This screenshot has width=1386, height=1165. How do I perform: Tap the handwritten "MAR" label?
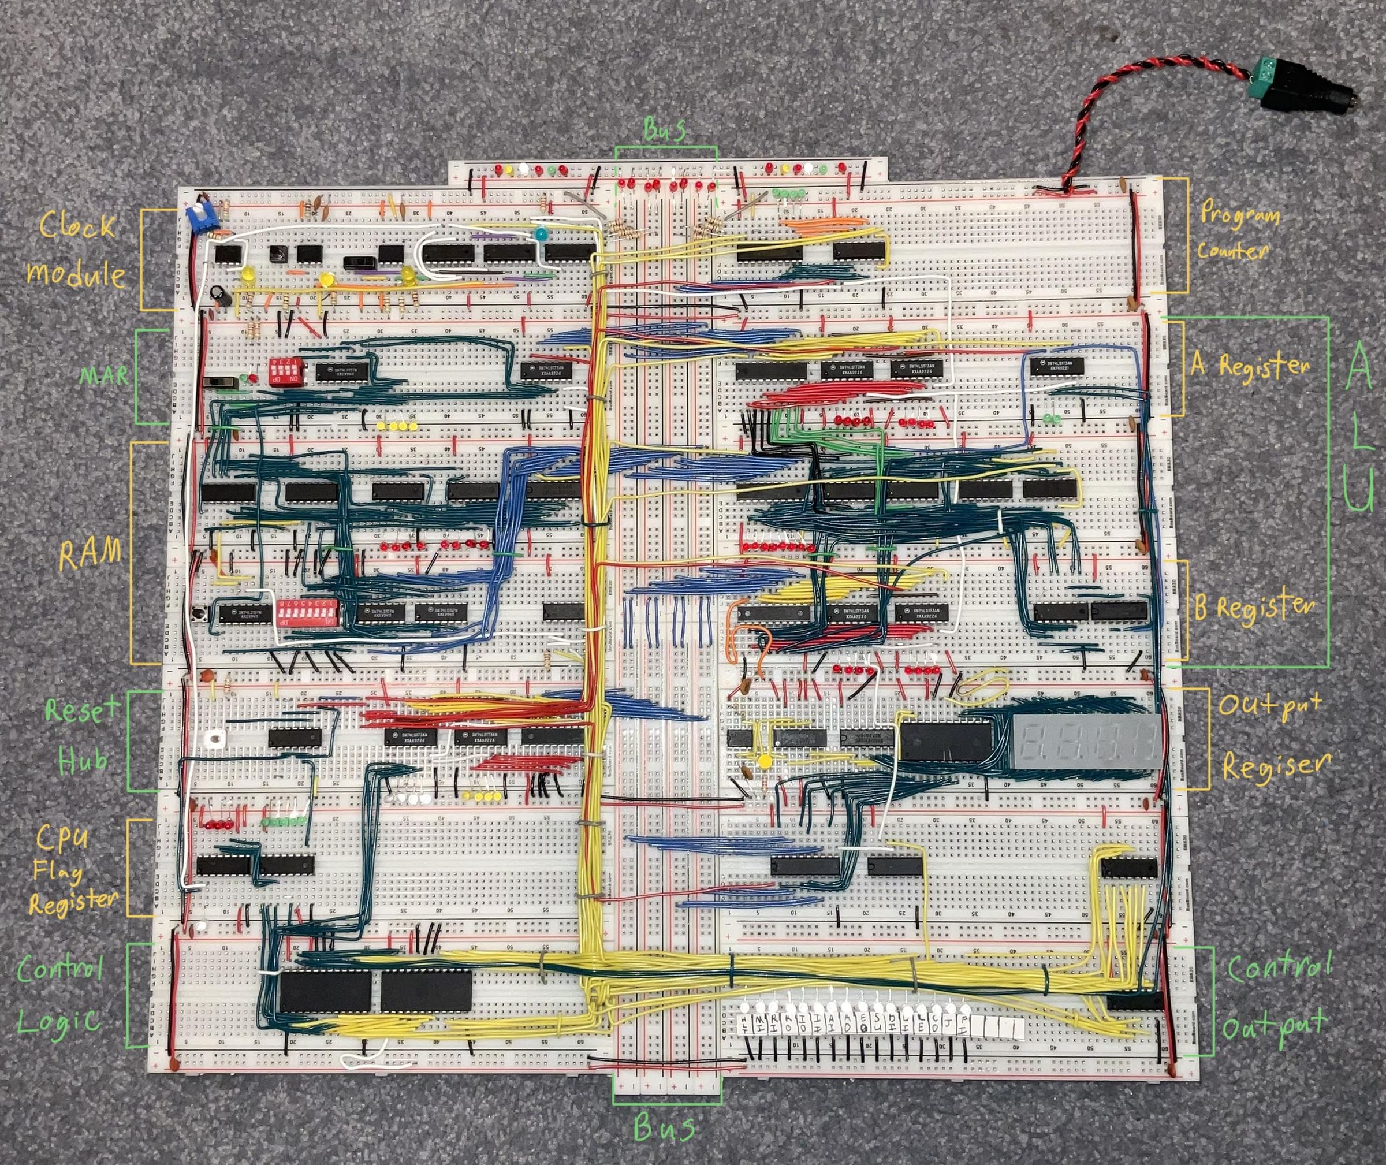tap(105, 376)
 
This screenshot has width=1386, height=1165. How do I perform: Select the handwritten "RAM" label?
tap(91, 553)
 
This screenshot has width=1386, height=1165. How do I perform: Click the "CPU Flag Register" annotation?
tap(71, 870)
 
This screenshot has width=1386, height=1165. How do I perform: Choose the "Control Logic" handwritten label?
tap(61, 995)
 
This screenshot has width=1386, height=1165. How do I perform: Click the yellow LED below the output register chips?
tap(765, 761)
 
